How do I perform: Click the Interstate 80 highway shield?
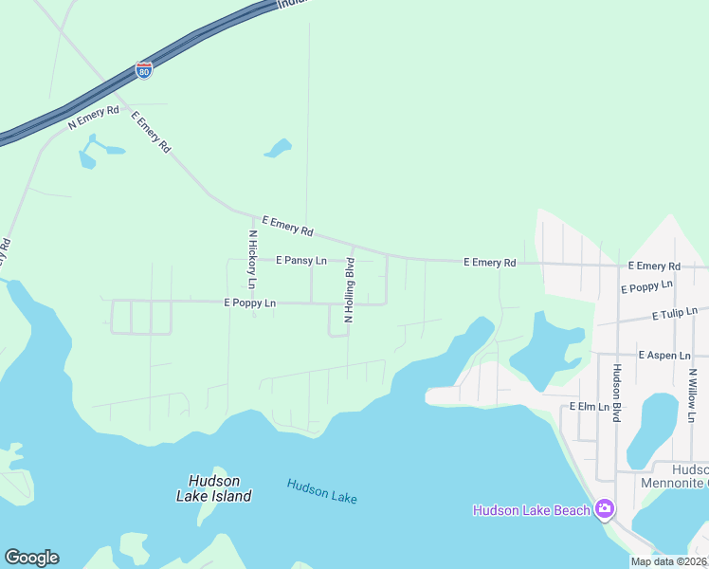(143, 70)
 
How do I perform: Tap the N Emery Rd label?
(94, 117)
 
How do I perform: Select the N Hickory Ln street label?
(252, 259)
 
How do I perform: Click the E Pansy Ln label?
(301, 260)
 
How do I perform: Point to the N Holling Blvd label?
(349, 290)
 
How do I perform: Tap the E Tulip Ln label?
(674, 313)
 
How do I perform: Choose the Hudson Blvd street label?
(616, 394)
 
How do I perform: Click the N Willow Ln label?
(693, 395)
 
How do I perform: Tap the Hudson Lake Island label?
(214, 488)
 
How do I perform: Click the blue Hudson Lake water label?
(322, 490)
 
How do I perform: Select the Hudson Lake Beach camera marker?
(604, 510)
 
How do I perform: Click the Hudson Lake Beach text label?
(532, 511)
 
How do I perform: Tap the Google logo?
(31, 558)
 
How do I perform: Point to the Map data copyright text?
(669, 561)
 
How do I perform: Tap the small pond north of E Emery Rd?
(278, 148)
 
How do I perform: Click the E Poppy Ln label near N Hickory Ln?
(250, 303)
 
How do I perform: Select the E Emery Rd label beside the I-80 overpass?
(151, 133)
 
